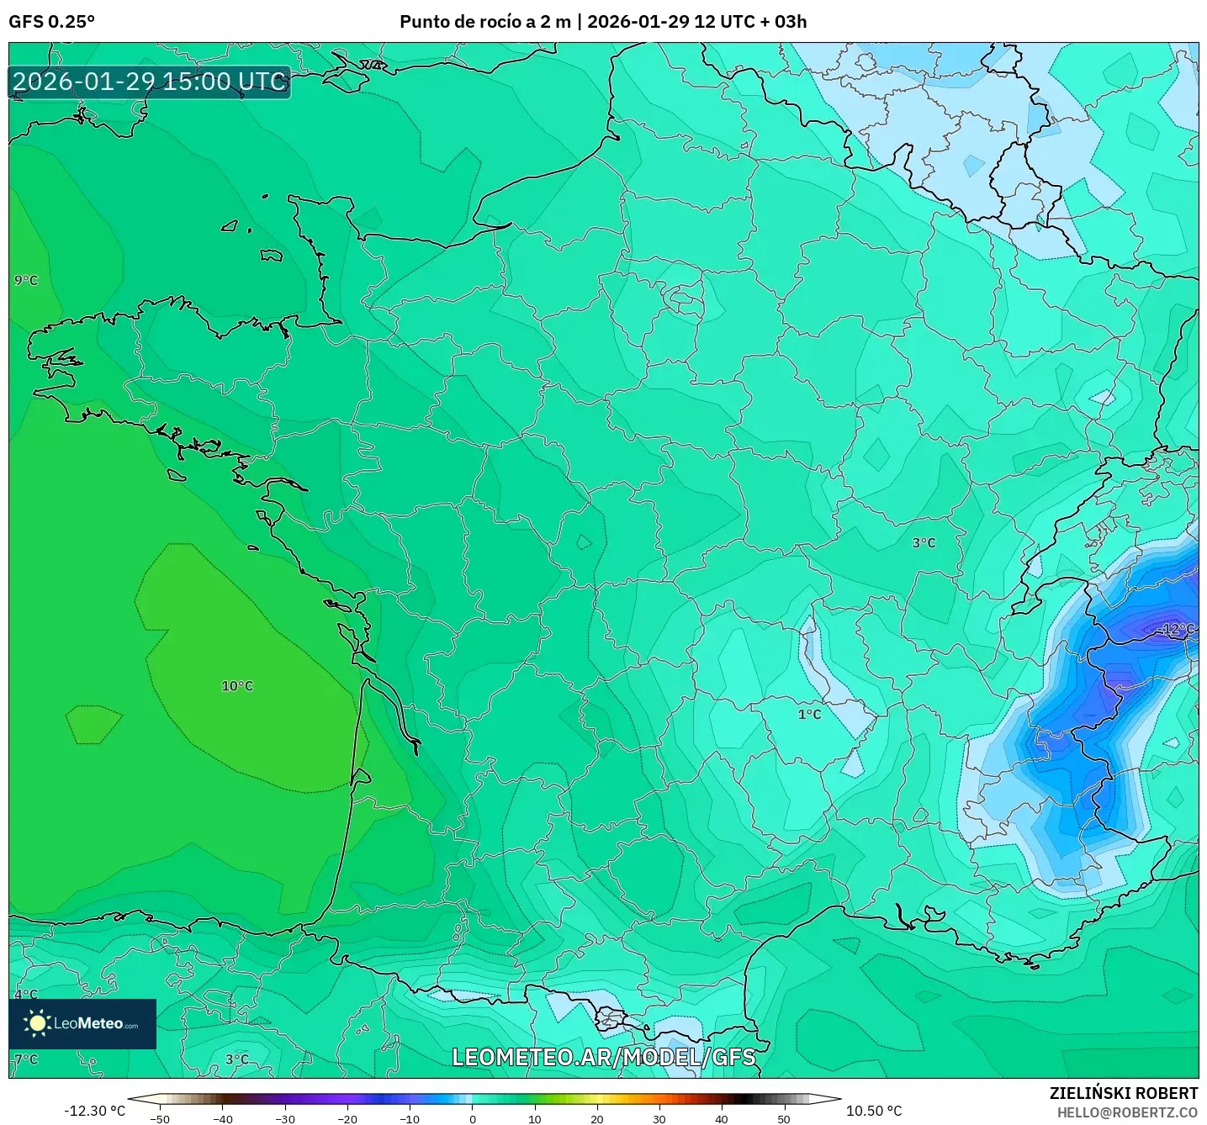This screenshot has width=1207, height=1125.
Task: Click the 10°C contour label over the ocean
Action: [x=237, y=686]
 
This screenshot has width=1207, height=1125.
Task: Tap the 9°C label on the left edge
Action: [x=26, y=280]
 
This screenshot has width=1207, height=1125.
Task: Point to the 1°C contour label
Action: [x=809, y=714]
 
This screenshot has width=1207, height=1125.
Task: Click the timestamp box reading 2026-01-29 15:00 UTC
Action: [x=150, y=82]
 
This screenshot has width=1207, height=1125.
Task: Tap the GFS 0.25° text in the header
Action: [x=51, y=22]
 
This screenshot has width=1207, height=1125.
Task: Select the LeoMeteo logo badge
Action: [x=82, y=1023]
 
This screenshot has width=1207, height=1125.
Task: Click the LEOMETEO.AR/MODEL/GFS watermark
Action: [x=603, y=1057]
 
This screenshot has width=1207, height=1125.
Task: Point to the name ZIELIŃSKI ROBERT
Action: [x=1123, y=1093]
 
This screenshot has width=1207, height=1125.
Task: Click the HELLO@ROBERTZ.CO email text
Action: [x=1127, y=1112]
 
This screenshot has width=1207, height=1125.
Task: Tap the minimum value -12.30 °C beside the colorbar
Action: [x=94, y=1111]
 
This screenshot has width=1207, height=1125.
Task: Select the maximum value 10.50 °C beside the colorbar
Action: [x=874, y=1111]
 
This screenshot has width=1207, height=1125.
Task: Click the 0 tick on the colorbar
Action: [x=472, y=1118]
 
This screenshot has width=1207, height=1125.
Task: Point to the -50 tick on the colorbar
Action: [x=159, y=1118]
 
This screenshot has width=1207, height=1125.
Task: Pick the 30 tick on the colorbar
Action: [x=659, y=1118]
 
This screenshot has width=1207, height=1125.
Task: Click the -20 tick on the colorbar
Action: [x=347, y=1118]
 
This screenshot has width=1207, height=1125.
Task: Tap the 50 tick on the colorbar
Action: [x=783, y=1118]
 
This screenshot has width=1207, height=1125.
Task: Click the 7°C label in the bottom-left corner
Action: [x=26, y=1059]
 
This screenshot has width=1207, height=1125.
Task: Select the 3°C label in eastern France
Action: [x=924, y=543]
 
